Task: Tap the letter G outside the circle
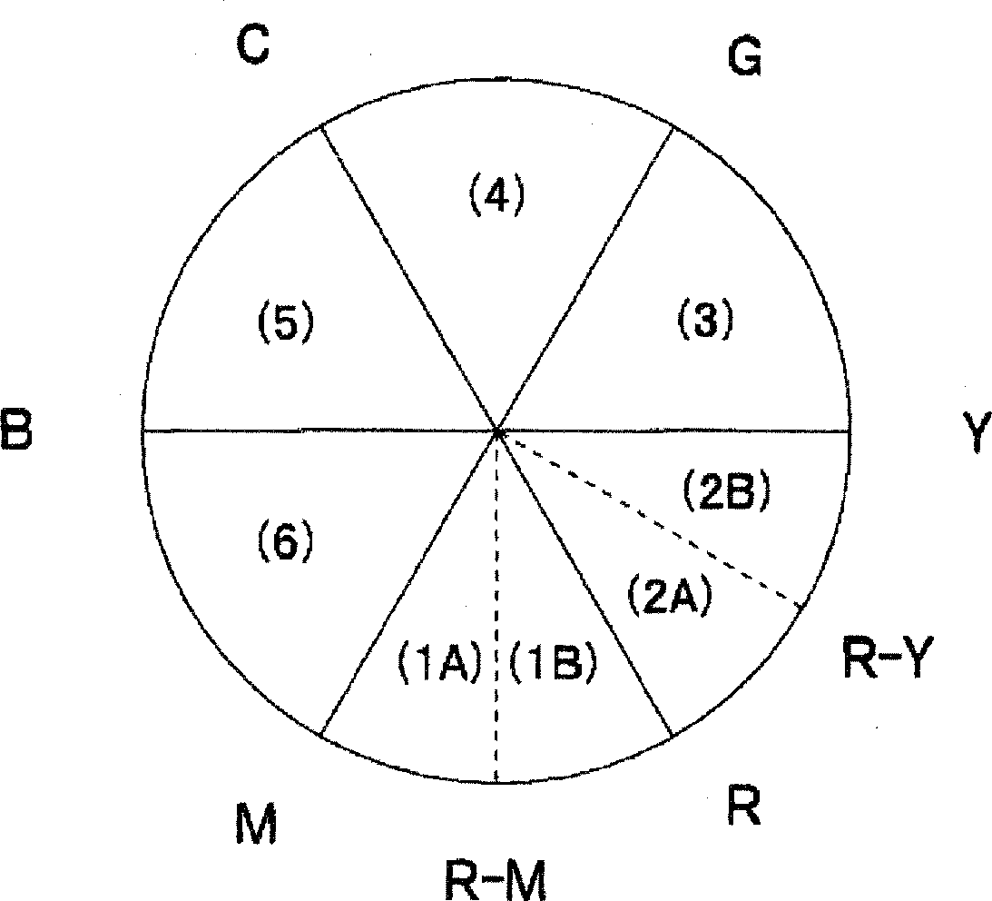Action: point(744,59)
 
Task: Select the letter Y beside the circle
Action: point(973,435)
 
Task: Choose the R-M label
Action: point(496,877)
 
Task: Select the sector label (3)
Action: point(705,319)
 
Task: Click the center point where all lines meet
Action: point(496,432)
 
